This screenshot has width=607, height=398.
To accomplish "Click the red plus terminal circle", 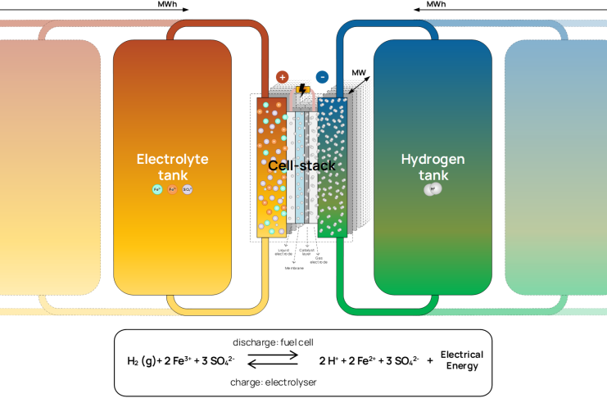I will (x=283, y=77).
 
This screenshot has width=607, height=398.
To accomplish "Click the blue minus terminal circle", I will (x=323, y=77).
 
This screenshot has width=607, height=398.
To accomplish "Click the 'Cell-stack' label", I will (x=302, y=165).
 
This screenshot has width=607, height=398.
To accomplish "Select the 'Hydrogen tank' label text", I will (x=433, y=166).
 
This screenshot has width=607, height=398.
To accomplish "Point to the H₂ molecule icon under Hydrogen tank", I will (x=433, y=189).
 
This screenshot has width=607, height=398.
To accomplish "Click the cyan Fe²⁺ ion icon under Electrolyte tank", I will (x=157, y=189).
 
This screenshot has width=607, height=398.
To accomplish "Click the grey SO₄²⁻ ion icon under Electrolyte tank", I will (x=188, y=189).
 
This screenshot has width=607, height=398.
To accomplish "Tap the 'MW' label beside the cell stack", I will (x=357, y=73).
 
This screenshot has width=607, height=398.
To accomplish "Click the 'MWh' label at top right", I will (x=435, y=4).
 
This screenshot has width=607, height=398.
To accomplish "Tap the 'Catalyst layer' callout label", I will (x=307, y=251).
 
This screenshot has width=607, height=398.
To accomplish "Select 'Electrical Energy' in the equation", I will (x=462, y=360).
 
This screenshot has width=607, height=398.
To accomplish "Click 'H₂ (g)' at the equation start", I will (x=143, y=360).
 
